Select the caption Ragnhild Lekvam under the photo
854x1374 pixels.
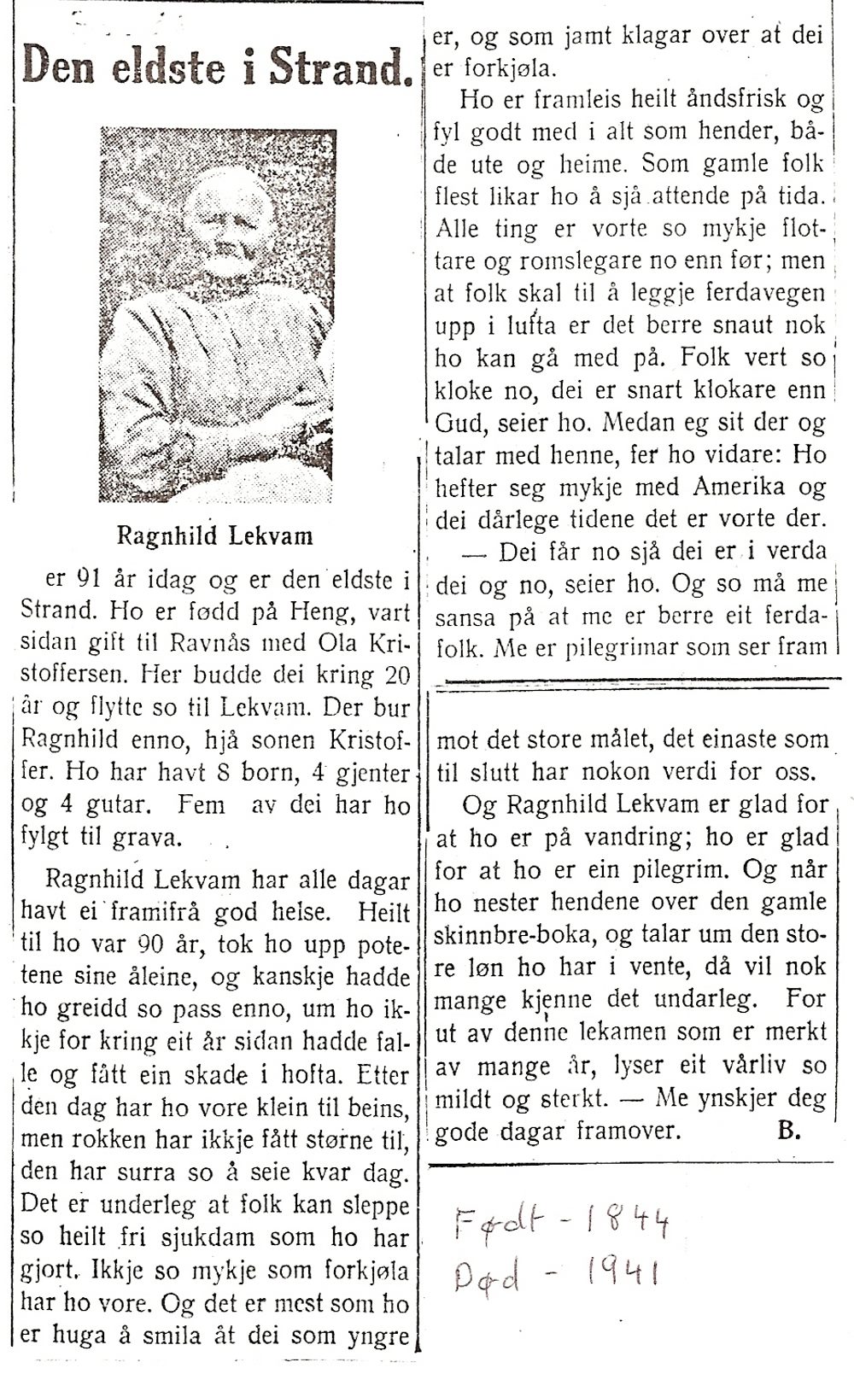[x=214, y=536]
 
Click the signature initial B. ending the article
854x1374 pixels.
[x=787, y=1132]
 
